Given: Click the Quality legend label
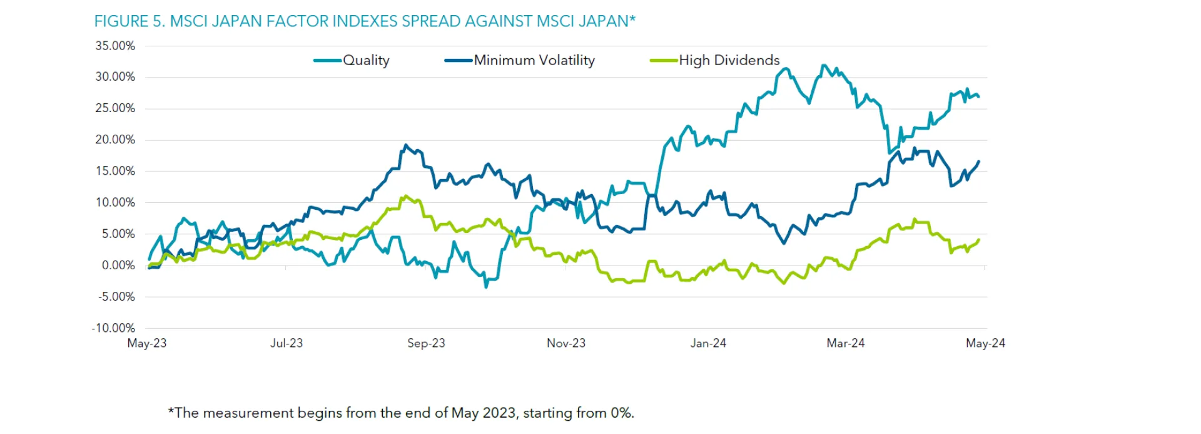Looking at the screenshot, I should coord(366,60).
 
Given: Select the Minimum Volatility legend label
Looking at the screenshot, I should coord(534,60).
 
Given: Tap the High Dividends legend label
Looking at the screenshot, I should coord(729,60).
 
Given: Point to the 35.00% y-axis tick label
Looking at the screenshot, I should coord(115,46).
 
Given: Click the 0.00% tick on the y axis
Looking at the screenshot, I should coord(118,266).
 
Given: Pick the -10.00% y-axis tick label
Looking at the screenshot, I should coord(113,328).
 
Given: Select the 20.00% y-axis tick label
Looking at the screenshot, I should coord(115,140).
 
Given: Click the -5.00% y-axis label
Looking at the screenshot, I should coord(116,297).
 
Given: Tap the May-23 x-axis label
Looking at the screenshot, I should coord(147,343).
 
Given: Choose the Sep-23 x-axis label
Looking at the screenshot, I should coord(426,343).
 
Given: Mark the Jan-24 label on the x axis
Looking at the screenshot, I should coord(708,343).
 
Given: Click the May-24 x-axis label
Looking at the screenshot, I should coord(985,343).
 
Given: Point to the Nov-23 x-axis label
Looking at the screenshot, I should coord(566,343).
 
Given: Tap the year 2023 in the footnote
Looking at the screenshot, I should coord(499,413).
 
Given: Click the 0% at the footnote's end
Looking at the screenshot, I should coord(622,413).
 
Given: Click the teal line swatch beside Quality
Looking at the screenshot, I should coord(327,61).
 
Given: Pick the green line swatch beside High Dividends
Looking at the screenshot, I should coord(664,61).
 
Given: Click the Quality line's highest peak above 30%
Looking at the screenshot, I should coord(823,65).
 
